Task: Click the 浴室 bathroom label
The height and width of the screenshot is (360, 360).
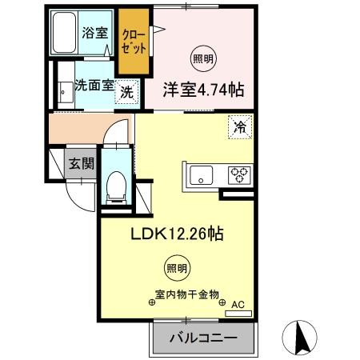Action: pos(94,33)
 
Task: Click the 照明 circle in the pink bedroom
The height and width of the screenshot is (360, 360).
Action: pos(202,58)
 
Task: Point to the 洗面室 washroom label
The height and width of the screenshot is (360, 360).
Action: pos(93,85)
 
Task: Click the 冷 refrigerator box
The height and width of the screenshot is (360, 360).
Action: pos(239,126)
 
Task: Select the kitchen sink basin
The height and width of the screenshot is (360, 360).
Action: pos(199,174)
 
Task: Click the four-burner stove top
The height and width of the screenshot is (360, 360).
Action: pos(239,174)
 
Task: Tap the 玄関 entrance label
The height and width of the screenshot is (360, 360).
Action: pos(81,164)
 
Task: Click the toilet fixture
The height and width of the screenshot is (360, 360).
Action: pos(116,185)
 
